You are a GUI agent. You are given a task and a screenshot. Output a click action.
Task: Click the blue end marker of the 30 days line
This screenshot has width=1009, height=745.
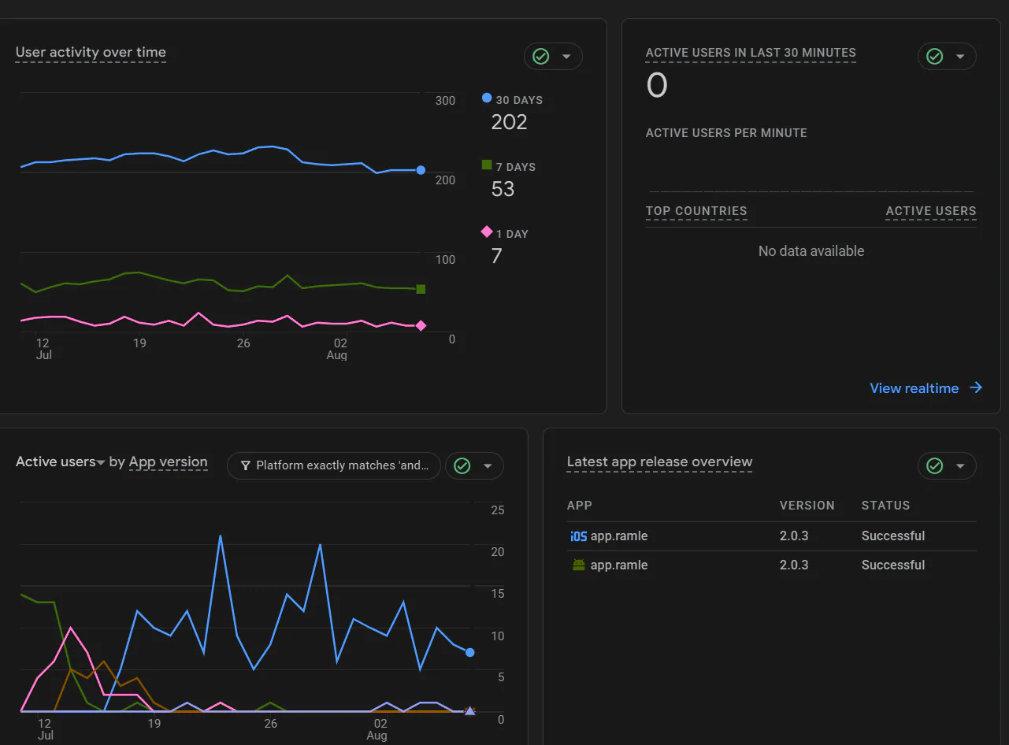pos(421,170)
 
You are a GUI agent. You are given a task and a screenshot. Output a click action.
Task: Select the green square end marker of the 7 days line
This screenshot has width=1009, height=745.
pos(421,289)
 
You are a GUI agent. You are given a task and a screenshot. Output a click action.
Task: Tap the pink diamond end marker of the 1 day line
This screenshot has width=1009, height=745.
pos(421,326)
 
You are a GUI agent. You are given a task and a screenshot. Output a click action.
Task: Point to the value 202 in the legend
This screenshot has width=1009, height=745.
pos(509,122)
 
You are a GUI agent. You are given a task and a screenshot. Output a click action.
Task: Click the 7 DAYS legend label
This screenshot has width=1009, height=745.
pos(515,167)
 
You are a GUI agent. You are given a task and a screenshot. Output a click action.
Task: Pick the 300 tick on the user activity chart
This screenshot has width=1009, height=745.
pos(445,101)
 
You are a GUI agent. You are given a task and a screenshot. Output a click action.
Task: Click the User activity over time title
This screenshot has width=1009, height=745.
pos(91,52)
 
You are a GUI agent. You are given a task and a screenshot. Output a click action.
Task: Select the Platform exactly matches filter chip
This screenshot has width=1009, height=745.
pos(334,465)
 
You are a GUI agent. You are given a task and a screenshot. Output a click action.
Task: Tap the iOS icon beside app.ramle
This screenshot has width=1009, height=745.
pos(578,536)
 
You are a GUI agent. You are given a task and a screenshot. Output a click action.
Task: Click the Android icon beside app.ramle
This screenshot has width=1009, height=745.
pos(579,565)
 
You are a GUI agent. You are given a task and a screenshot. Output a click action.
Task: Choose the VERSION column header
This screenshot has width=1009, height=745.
pos(807,506)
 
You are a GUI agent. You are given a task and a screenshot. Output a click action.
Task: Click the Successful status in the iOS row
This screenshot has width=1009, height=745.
pos(893,536)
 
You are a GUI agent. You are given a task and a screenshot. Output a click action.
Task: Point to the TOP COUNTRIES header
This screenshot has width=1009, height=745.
pos(696,211)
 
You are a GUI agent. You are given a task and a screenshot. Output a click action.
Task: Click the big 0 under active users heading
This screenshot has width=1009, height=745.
pos(657,86)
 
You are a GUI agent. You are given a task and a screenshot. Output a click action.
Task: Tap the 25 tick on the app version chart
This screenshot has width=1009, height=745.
pos(497,510)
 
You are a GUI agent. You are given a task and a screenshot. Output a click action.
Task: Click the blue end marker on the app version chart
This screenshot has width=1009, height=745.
pos(470,653)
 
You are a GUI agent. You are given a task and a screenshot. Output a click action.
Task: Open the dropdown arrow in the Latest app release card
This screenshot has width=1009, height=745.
pos(960,465)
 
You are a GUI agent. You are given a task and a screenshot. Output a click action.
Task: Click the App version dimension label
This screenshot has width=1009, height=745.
pos(169,461)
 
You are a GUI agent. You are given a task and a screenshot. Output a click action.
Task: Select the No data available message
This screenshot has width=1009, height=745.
pos(811,251)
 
